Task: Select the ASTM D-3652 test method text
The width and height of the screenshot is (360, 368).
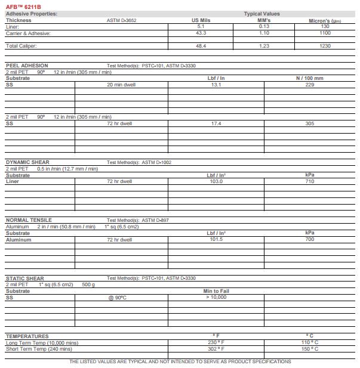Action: coord(121,20)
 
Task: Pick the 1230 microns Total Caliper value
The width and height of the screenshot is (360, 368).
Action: coord(325,46)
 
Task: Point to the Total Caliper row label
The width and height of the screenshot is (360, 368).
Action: coord(21,46)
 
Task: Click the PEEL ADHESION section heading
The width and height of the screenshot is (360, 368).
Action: coord(27,66)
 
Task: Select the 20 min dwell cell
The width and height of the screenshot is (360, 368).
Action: coord(121,85)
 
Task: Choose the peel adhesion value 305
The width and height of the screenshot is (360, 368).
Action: coord(309,123)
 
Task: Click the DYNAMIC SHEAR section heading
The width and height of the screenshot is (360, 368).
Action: coord(27,162)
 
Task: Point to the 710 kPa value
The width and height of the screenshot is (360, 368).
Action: coord(309,181)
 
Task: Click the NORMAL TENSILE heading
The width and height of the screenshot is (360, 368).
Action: coord(29,220)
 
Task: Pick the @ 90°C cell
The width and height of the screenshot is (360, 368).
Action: coord(121,297)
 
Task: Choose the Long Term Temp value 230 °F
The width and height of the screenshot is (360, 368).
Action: coord(216,342)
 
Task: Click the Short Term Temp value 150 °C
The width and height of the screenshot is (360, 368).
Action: coord(309,349)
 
